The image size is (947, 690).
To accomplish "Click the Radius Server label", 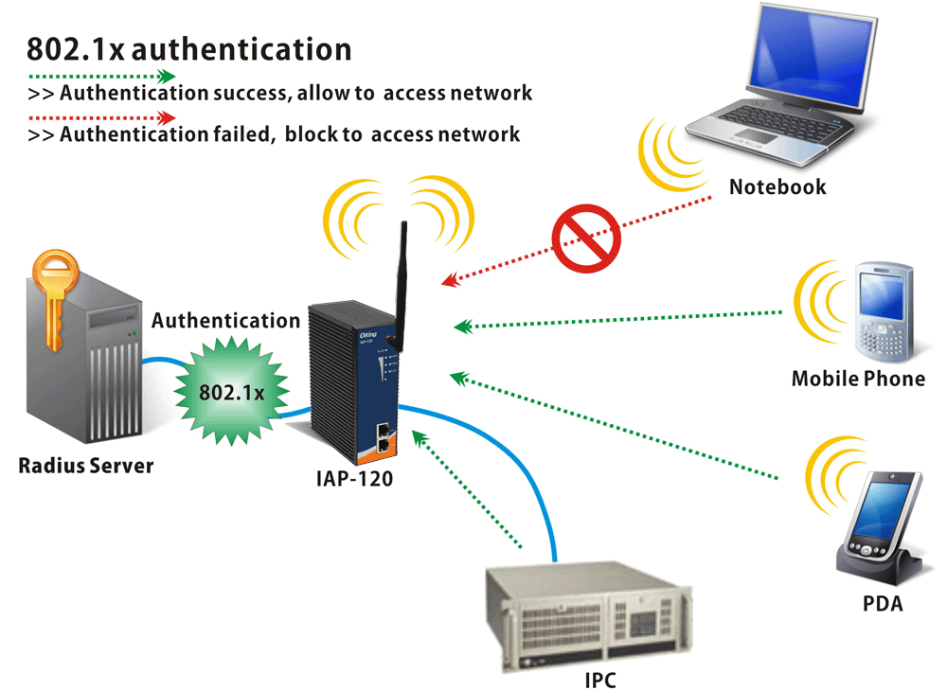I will [85, 466].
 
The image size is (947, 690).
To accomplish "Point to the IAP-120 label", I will [354, 478].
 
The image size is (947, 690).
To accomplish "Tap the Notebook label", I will [777, 186].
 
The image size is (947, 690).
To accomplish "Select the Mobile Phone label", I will [858, 380].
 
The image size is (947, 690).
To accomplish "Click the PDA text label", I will [883, 603].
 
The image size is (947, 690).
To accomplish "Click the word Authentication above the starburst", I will [225, 321].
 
